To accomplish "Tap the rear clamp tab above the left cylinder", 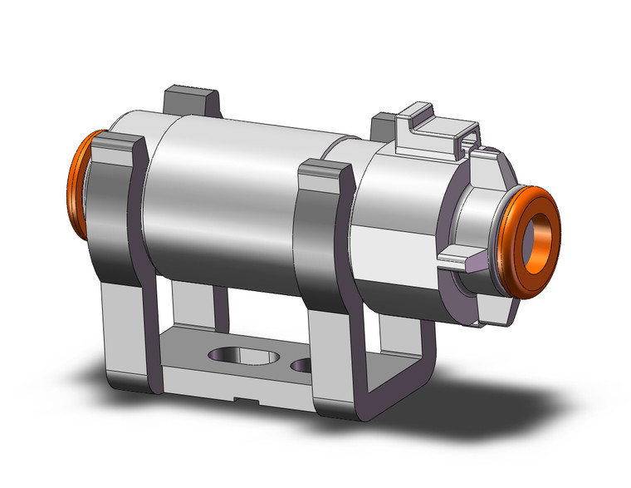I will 193,100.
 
